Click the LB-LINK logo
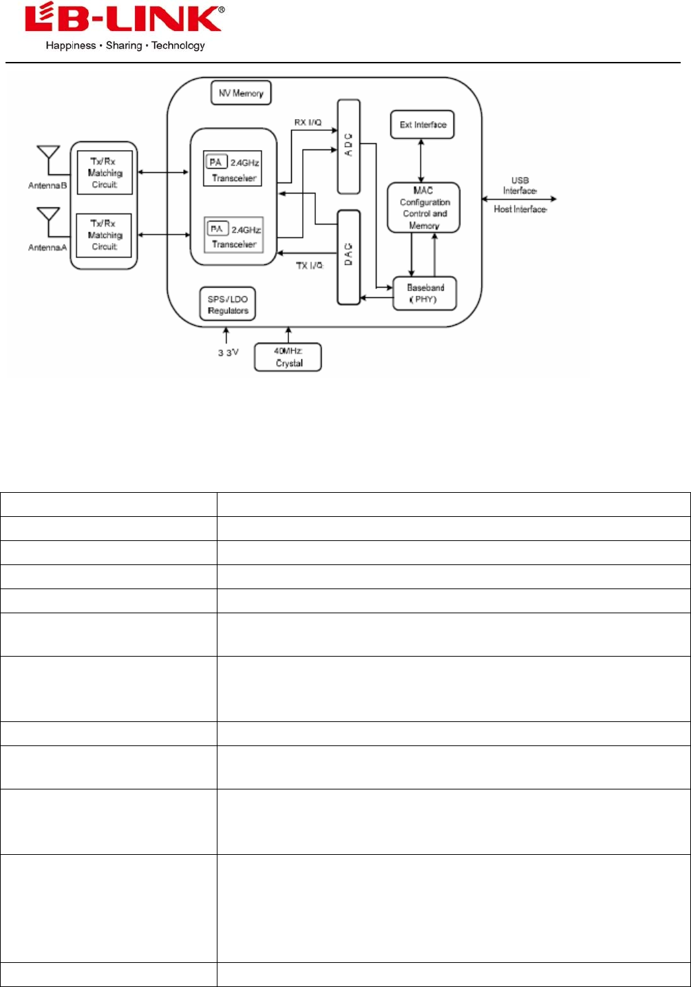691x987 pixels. pos(124,19)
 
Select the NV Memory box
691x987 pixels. pos(241,93)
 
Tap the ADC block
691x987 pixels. pos(349,146)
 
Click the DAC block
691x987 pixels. pos(349,257)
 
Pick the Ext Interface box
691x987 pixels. pos(423,125)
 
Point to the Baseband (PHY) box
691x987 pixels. pos(425,293)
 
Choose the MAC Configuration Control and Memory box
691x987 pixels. pos(424,207)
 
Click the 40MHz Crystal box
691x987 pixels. pos(288,357)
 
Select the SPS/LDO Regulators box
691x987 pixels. pos(228,304)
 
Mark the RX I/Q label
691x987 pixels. pos(308,123)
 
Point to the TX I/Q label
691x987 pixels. pos(310,266)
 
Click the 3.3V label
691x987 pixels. pos(228,352)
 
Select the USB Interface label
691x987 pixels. pos(520,186)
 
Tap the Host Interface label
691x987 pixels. pos(520,209)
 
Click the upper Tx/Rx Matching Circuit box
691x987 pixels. pos(105,173)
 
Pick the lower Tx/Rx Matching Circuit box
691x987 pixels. pos(105,235)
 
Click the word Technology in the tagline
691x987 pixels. pos(178,46)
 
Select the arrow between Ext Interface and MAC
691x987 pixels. pos(421,160)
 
